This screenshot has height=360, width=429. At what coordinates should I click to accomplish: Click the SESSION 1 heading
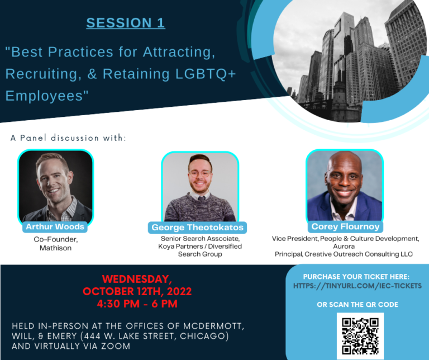pyautogui.click(x=125, y=23)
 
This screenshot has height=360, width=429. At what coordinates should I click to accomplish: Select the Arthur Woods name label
pyautogui.click(x=55, y=227)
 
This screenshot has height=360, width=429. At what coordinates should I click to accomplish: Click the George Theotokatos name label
pyautogui.click(x=198, y=228)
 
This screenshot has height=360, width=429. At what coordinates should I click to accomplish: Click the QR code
pyautogui.click(x=360, y=335)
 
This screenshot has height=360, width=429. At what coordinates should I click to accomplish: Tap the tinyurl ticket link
pyautogui.click(x=357, y=286)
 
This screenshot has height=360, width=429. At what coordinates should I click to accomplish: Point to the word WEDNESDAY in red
pyautogui.click(x=137, y=279)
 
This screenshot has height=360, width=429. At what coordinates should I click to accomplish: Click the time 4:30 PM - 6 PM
pyautogui.click(x=137, y=304)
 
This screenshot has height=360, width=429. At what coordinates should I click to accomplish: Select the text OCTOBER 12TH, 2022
pyautogui.click(x=137, y=291)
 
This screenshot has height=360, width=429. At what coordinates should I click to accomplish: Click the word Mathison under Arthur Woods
pyautogui.click(x=55, y=248)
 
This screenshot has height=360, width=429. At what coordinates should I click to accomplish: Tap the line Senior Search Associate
pyautogui.click(x=199, y=238)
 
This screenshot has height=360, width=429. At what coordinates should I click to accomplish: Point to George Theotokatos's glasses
pyautogui.click(x=200, y=174)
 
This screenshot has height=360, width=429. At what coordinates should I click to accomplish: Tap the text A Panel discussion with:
pyautogui.click(x=68, y=138)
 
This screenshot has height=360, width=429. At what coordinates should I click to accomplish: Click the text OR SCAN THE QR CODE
pyautogui.click(x=357, y=304)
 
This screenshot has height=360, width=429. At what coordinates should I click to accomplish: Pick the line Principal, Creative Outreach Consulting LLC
pyautogui.click(x=344, y=254)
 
